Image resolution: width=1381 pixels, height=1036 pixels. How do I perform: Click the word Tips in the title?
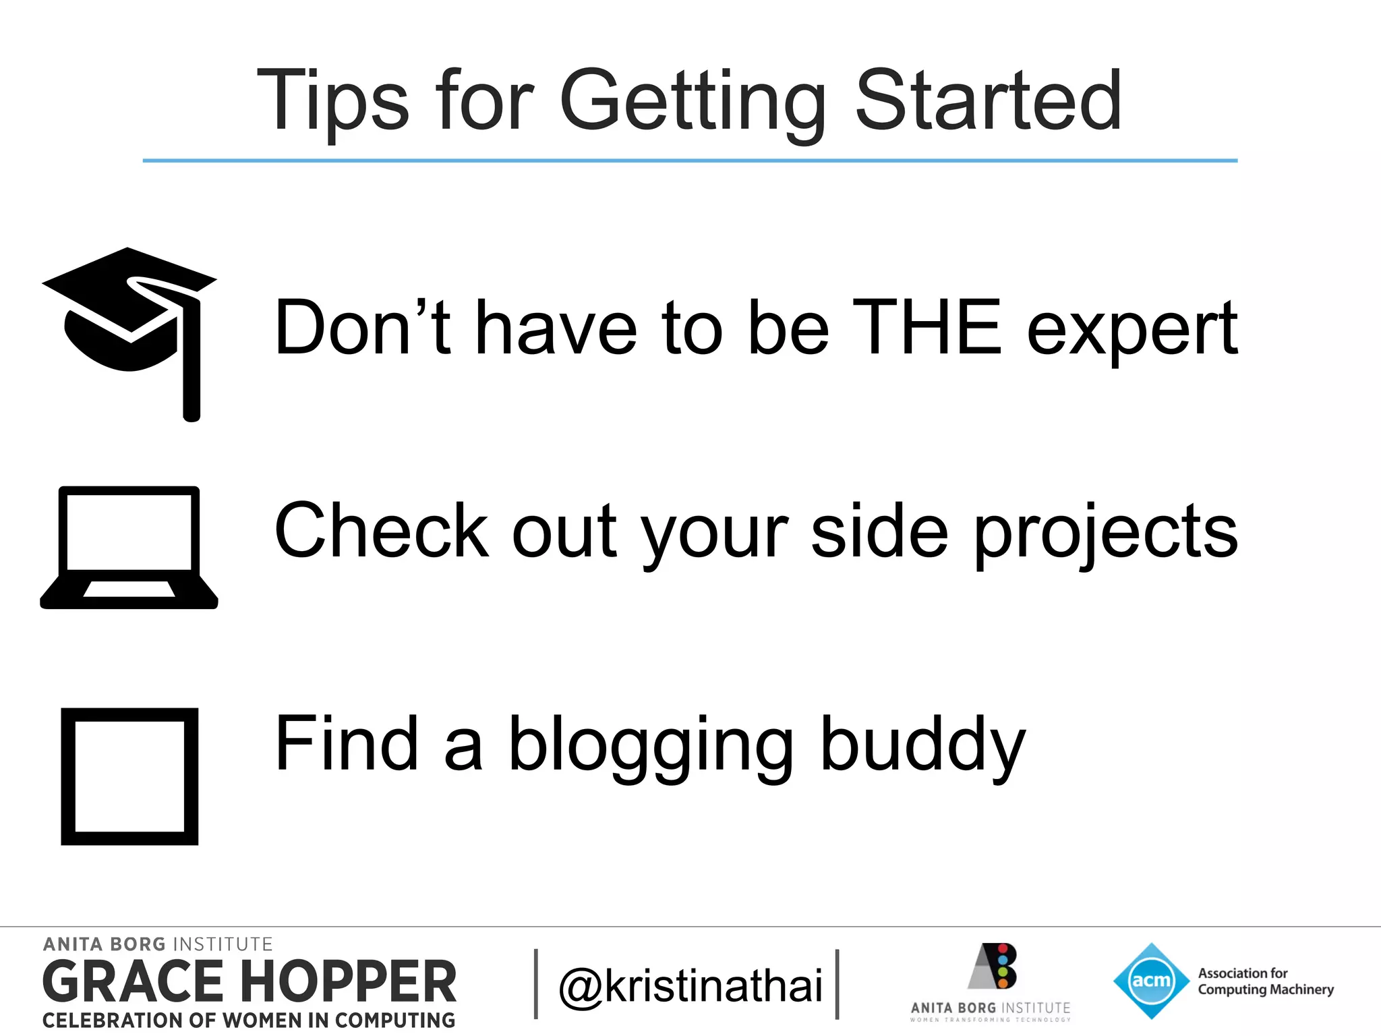point(332,101)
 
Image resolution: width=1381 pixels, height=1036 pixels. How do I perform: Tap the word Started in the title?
point(988,101)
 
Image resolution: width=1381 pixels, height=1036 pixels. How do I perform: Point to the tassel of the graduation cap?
point(192,378)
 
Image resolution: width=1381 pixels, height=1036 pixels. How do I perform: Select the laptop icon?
point(129,548)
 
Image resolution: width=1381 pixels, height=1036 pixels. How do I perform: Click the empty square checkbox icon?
point(129,776)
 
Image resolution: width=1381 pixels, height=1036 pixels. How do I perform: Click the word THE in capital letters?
point(927,328)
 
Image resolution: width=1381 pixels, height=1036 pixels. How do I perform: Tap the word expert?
point(1133,330)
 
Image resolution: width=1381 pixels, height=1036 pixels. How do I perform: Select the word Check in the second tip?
point(381,531)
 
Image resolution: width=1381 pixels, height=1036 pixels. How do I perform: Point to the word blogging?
point(651,745)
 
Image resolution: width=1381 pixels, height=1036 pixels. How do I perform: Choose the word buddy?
point(922,745)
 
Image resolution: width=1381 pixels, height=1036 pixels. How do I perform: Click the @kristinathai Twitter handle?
point(690,986)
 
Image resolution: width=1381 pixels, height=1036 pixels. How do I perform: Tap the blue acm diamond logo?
point(1151,981)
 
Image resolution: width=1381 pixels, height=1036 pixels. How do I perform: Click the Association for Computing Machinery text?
point(1265,981)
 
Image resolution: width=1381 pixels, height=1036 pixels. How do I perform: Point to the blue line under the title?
point(690,161)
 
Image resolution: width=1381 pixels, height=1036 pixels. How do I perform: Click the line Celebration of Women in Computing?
point(249,1020)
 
